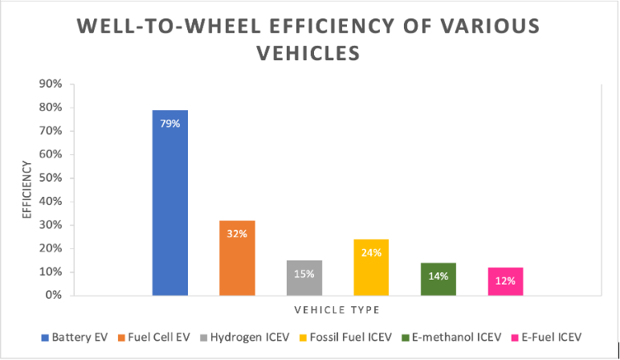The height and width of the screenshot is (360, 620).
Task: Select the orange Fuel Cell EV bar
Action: [x=237, y=257]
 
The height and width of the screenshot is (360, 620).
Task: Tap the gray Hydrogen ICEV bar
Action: [x=304, y=277]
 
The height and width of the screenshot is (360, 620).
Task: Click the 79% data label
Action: [x=170, y=125]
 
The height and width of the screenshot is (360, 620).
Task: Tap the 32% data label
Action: [x=237, y=234]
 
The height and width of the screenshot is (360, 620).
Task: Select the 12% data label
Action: [x=505, y=281]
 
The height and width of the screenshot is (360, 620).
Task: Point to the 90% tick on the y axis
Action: [x=52, y=84]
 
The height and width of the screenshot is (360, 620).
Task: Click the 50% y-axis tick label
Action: [x=52, y=178]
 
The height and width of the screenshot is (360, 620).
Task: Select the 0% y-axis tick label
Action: [x=55, y=296]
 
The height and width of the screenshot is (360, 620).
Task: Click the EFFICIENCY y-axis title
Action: [x=27, y=190]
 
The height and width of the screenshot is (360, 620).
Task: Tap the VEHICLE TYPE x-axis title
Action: [x=337, y=309]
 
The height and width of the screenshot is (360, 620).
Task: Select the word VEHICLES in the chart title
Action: [x=309, y=53]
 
